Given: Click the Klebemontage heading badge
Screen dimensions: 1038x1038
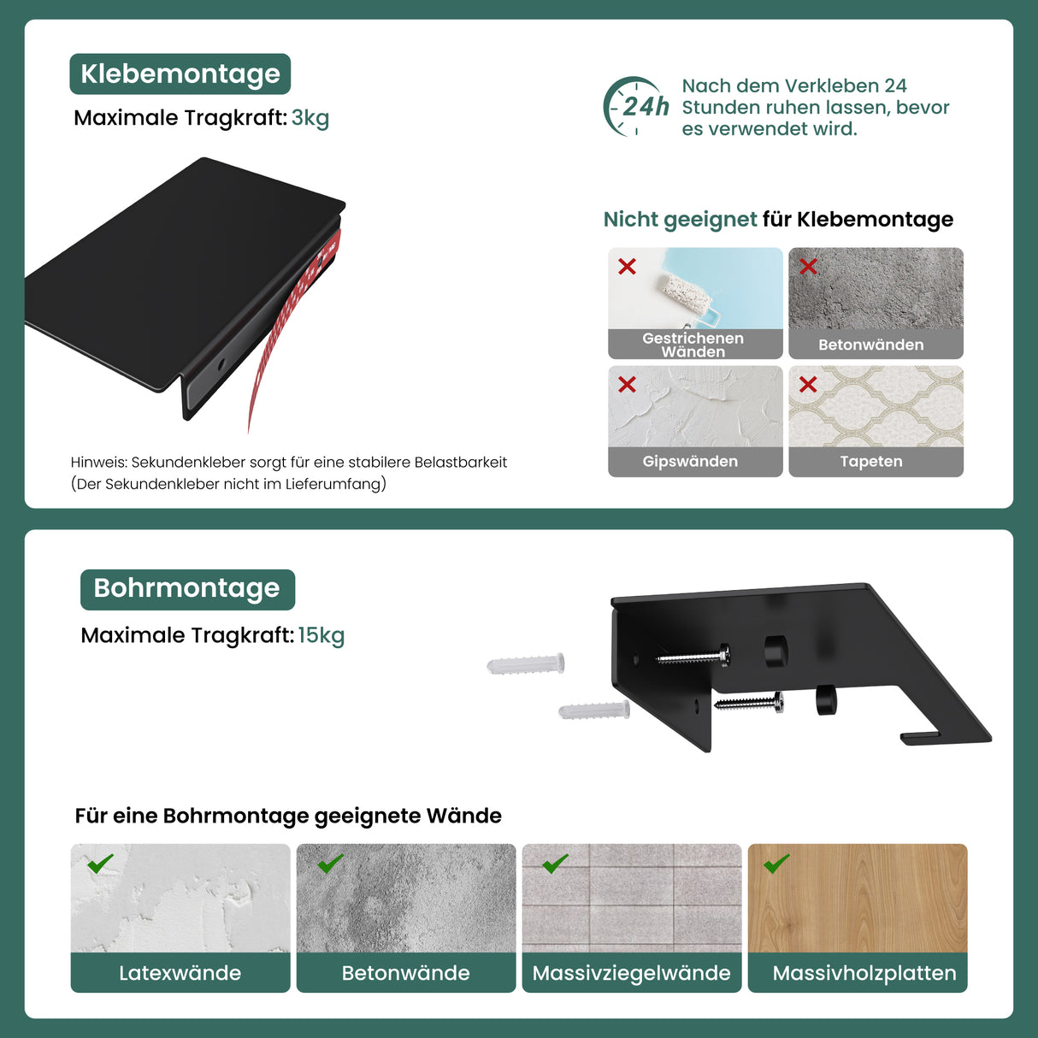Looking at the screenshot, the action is click(180, 74).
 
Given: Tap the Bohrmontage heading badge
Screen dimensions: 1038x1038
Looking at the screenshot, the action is click(187, 589).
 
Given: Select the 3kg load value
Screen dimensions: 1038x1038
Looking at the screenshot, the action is click(310, 118).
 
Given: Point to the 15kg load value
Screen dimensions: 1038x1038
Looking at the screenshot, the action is click(321, 635).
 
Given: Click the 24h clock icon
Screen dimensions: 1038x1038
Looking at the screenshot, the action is click(635, 106).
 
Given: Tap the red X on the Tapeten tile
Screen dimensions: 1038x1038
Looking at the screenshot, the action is click(808, 384).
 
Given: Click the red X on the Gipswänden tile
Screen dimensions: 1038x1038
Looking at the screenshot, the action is click(627, 384).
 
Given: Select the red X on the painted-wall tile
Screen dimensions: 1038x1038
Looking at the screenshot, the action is click(627, 266).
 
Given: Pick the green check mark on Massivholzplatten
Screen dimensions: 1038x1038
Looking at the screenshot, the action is click(776, 864).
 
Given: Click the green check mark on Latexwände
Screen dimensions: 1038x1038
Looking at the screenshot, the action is click(100, 864).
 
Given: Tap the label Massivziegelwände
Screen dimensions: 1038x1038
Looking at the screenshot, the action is click(631, 973).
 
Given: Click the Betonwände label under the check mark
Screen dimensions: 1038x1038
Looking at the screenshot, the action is click(405, 973).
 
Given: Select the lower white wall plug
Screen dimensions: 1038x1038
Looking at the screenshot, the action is click(594, 710).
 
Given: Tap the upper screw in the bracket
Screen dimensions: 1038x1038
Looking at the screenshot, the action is click(693, 657).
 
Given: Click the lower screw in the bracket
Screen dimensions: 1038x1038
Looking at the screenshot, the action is click(749, 702).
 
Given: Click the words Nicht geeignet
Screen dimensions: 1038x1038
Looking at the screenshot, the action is click(680, 220).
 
